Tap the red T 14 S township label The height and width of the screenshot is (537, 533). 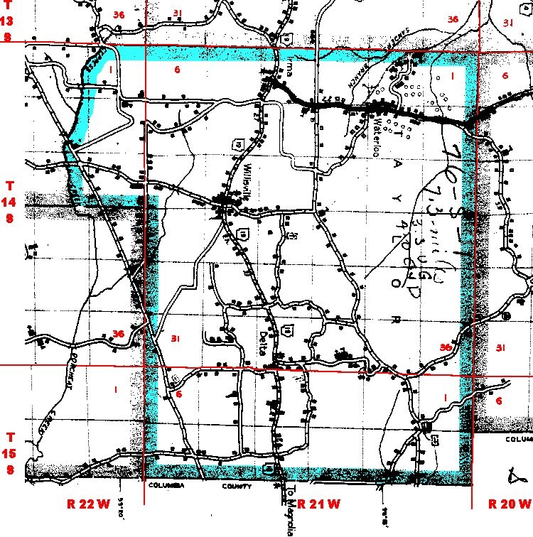coord(10,202)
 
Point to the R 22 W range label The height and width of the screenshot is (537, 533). coord(89,504)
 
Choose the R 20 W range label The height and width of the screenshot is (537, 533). coord(509,504)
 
